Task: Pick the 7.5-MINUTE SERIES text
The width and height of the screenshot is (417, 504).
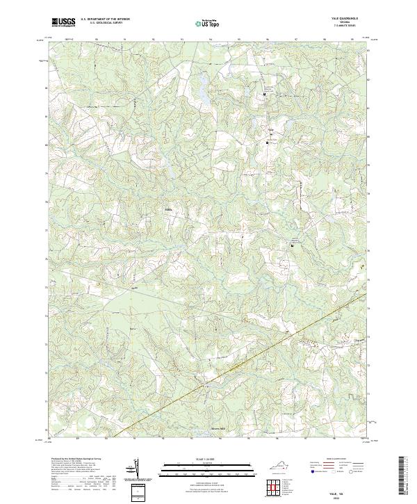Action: pos(344,26)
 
